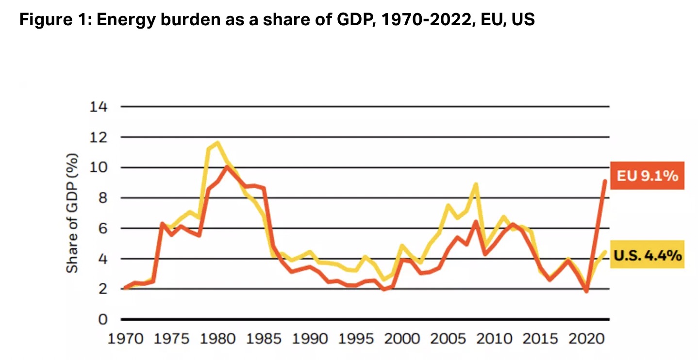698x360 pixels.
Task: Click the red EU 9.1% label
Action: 647,176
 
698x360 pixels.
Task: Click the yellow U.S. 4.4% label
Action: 647,255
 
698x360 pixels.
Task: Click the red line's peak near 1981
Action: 227,167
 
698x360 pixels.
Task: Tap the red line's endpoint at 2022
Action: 605,181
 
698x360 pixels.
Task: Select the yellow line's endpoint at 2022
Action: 605,252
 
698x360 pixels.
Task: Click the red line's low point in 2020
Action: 586,291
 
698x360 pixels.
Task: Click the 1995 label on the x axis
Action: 355,338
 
